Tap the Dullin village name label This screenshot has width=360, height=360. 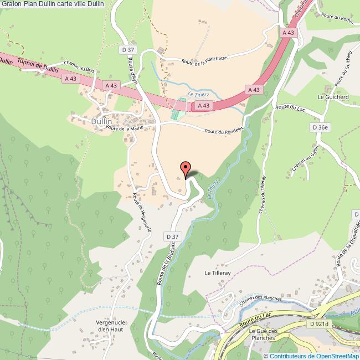click(101, 121)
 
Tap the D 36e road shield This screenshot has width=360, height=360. click(321, 127)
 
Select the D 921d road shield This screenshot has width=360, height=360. click(320, 324)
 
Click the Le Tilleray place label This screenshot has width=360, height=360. click(217, 272)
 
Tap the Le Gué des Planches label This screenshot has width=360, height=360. click(262, 335)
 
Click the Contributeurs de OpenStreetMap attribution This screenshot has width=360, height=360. click(312, 356)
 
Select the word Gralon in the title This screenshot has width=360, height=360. click(12, 4)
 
